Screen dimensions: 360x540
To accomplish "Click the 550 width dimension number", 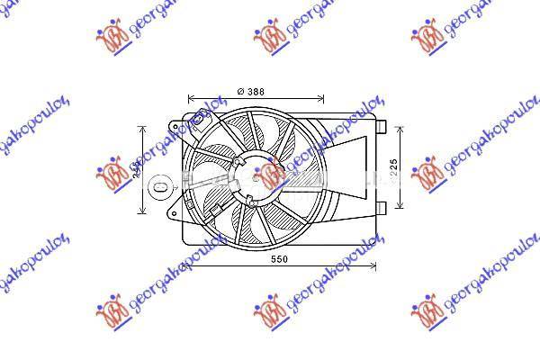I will coord(280,259).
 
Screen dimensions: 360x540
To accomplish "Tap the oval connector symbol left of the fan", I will coord(158,186).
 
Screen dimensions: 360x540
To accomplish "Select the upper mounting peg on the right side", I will coord(382,126).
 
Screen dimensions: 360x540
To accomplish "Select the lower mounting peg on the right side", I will coord(382,209).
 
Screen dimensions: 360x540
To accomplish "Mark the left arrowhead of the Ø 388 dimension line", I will coord(190,98).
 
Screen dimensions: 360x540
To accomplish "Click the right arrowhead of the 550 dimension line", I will coord(373,266).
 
